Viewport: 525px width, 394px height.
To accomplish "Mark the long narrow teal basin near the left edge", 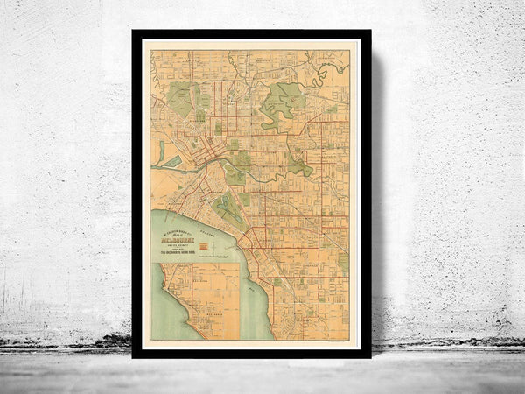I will pos(161,151).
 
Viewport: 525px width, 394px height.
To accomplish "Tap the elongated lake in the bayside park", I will pos(226,209).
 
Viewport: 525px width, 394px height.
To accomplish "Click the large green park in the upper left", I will pos(179,99).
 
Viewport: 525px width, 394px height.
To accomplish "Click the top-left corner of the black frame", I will pos(134,32).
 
